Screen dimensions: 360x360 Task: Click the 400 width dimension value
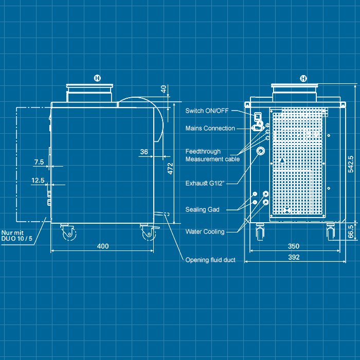click(x=103, y=246)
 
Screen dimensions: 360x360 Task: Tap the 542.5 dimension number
click(x=351, y=165)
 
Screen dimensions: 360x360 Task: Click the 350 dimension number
click(x=294, y=246)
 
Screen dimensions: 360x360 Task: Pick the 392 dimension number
click(x=294, y=257)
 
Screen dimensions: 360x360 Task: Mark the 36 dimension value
click(x=144, y=152)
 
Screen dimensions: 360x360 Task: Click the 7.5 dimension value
click(x=39, y=162)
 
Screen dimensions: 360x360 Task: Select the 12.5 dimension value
click(x=38, y=181)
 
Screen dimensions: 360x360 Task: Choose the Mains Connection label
click(x=210, y=128)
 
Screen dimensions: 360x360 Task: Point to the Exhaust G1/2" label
click(x=204, y=183)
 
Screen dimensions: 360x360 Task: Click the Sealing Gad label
click(x=202, y=209)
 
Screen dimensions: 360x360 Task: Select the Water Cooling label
click(x=205, y=232)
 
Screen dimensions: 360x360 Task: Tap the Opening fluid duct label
click(x=210, y=260)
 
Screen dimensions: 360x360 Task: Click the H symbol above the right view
click(x=303, y=78)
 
